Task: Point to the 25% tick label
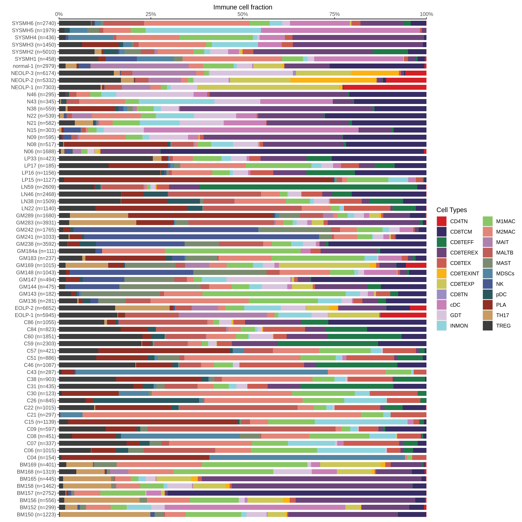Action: coord(151,14)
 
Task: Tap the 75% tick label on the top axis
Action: coord(335,14)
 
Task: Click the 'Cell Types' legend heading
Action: coord(452,210)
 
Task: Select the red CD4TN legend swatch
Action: coord(442,221)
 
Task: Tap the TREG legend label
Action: coord(503,326)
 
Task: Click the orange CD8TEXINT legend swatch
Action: coord(442,273)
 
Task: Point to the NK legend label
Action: coord(500,284)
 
